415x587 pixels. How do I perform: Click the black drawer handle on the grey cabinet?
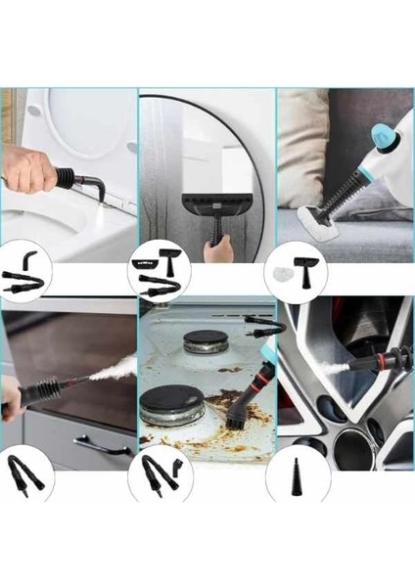click(x=102, y=444)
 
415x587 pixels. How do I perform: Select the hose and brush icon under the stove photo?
click(x=160, y=469)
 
